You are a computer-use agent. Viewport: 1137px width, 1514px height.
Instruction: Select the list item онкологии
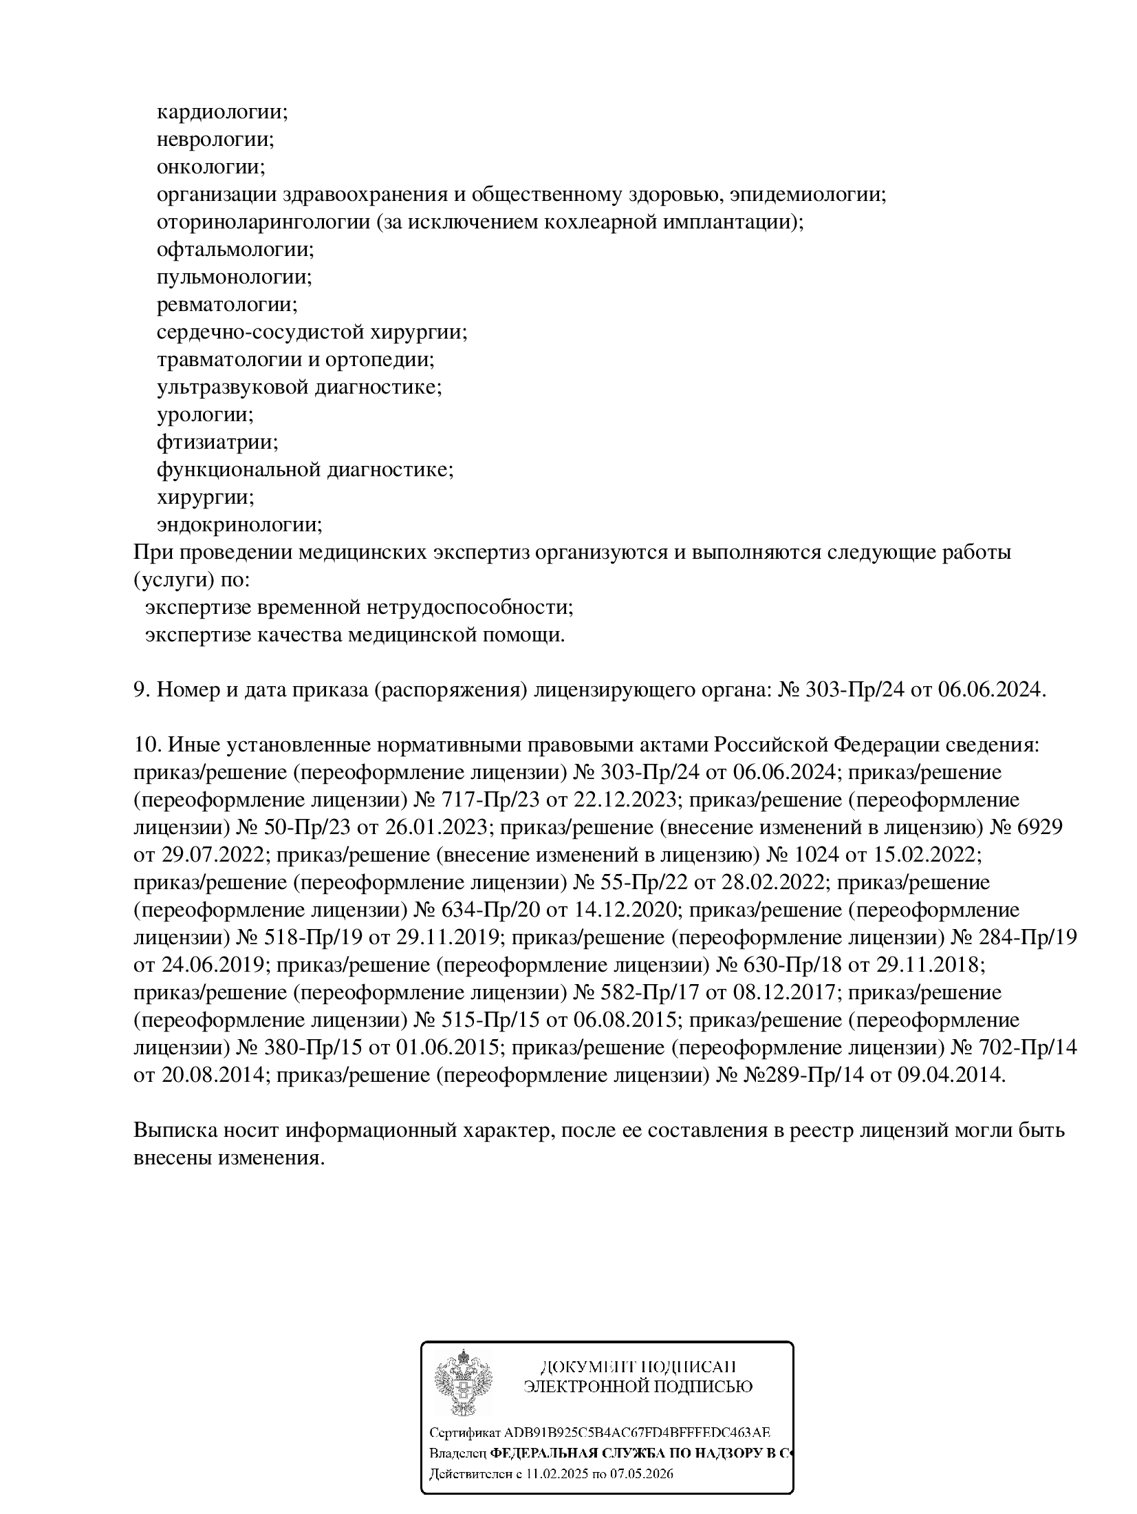210,167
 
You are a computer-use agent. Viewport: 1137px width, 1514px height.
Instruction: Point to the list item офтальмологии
235,250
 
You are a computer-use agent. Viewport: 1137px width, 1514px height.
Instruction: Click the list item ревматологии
226,305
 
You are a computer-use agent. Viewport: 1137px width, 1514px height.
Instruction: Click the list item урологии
204,415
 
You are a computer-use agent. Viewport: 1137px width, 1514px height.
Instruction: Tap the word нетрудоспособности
468,608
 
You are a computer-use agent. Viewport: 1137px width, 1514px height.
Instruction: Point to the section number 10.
147,745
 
